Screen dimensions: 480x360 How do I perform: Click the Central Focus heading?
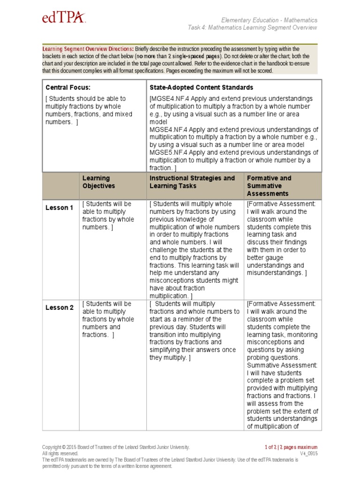point(68,87)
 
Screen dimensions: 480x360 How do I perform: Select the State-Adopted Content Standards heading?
point(201,87)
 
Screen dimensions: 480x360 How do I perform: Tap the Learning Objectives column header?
point(99,182)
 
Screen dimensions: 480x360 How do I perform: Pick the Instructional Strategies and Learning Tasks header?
point(192,182)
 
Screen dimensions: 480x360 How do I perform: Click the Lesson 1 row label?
point(60,208)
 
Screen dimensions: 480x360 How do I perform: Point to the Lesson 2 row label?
point(60,307)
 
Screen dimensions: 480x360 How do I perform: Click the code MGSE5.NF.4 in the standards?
point(169,152)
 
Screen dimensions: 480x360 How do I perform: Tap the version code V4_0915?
point(308,453)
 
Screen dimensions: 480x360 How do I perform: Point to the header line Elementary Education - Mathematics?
point(269,20)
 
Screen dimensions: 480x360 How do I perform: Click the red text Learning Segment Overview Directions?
point(88,49)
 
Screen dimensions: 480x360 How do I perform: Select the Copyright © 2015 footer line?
point(116,447)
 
